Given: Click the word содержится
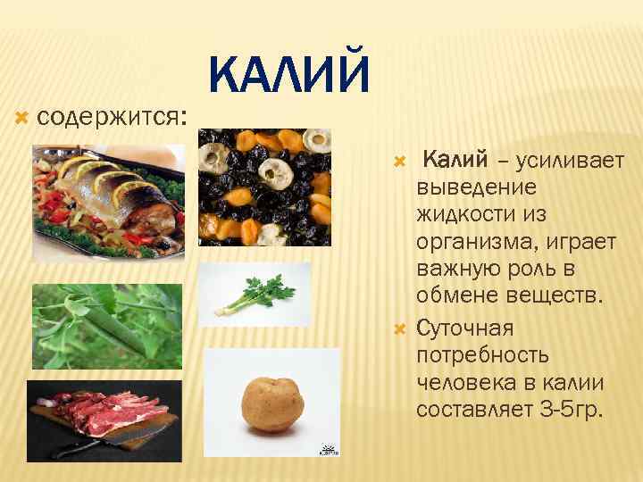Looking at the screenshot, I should click(109, 117).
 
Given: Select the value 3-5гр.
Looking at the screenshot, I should click(572, 409).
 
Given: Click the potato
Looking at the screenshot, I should click(272, 401).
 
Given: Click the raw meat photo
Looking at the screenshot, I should click(104, 420).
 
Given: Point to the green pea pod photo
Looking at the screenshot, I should click(106, 326).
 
